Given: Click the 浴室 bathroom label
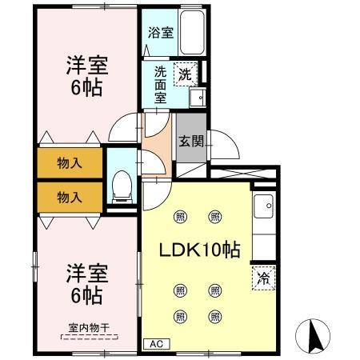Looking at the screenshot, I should click(x=161, y=33).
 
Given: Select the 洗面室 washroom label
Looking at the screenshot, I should click(x=160, y=83).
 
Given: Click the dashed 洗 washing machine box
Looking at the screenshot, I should click(x=185, y=74).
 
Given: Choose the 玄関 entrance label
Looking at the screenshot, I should click(x=190, y=142).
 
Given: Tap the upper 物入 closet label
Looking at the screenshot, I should click(x=70, y=164).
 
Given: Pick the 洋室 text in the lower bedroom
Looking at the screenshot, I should click(x=84, y=274).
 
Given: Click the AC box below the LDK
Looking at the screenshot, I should click(x=154, y=344).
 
